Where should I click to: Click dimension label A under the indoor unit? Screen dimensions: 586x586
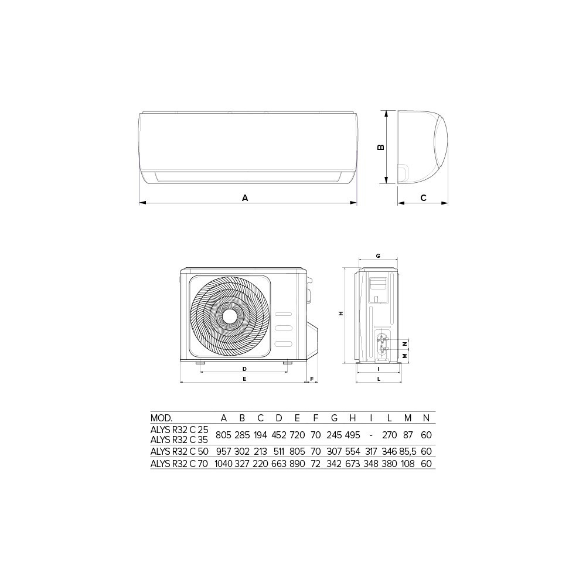coord(245,197)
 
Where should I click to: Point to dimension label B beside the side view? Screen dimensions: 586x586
coord(381,147)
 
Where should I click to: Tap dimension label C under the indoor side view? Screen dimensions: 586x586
coord(423,197)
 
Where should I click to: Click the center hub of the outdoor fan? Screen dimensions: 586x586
coord(230,316)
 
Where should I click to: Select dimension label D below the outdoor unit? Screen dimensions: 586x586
coord(244,369)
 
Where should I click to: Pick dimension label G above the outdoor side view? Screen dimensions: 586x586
coord(378,256)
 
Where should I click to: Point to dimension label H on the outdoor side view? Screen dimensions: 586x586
coord(341,314)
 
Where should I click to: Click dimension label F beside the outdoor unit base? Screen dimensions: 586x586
coord(312,379)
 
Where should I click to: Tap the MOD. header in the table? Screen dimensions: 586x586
coord(161,418)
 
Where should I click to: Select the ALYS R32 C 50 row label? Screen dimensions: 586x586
coord(179,451)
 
